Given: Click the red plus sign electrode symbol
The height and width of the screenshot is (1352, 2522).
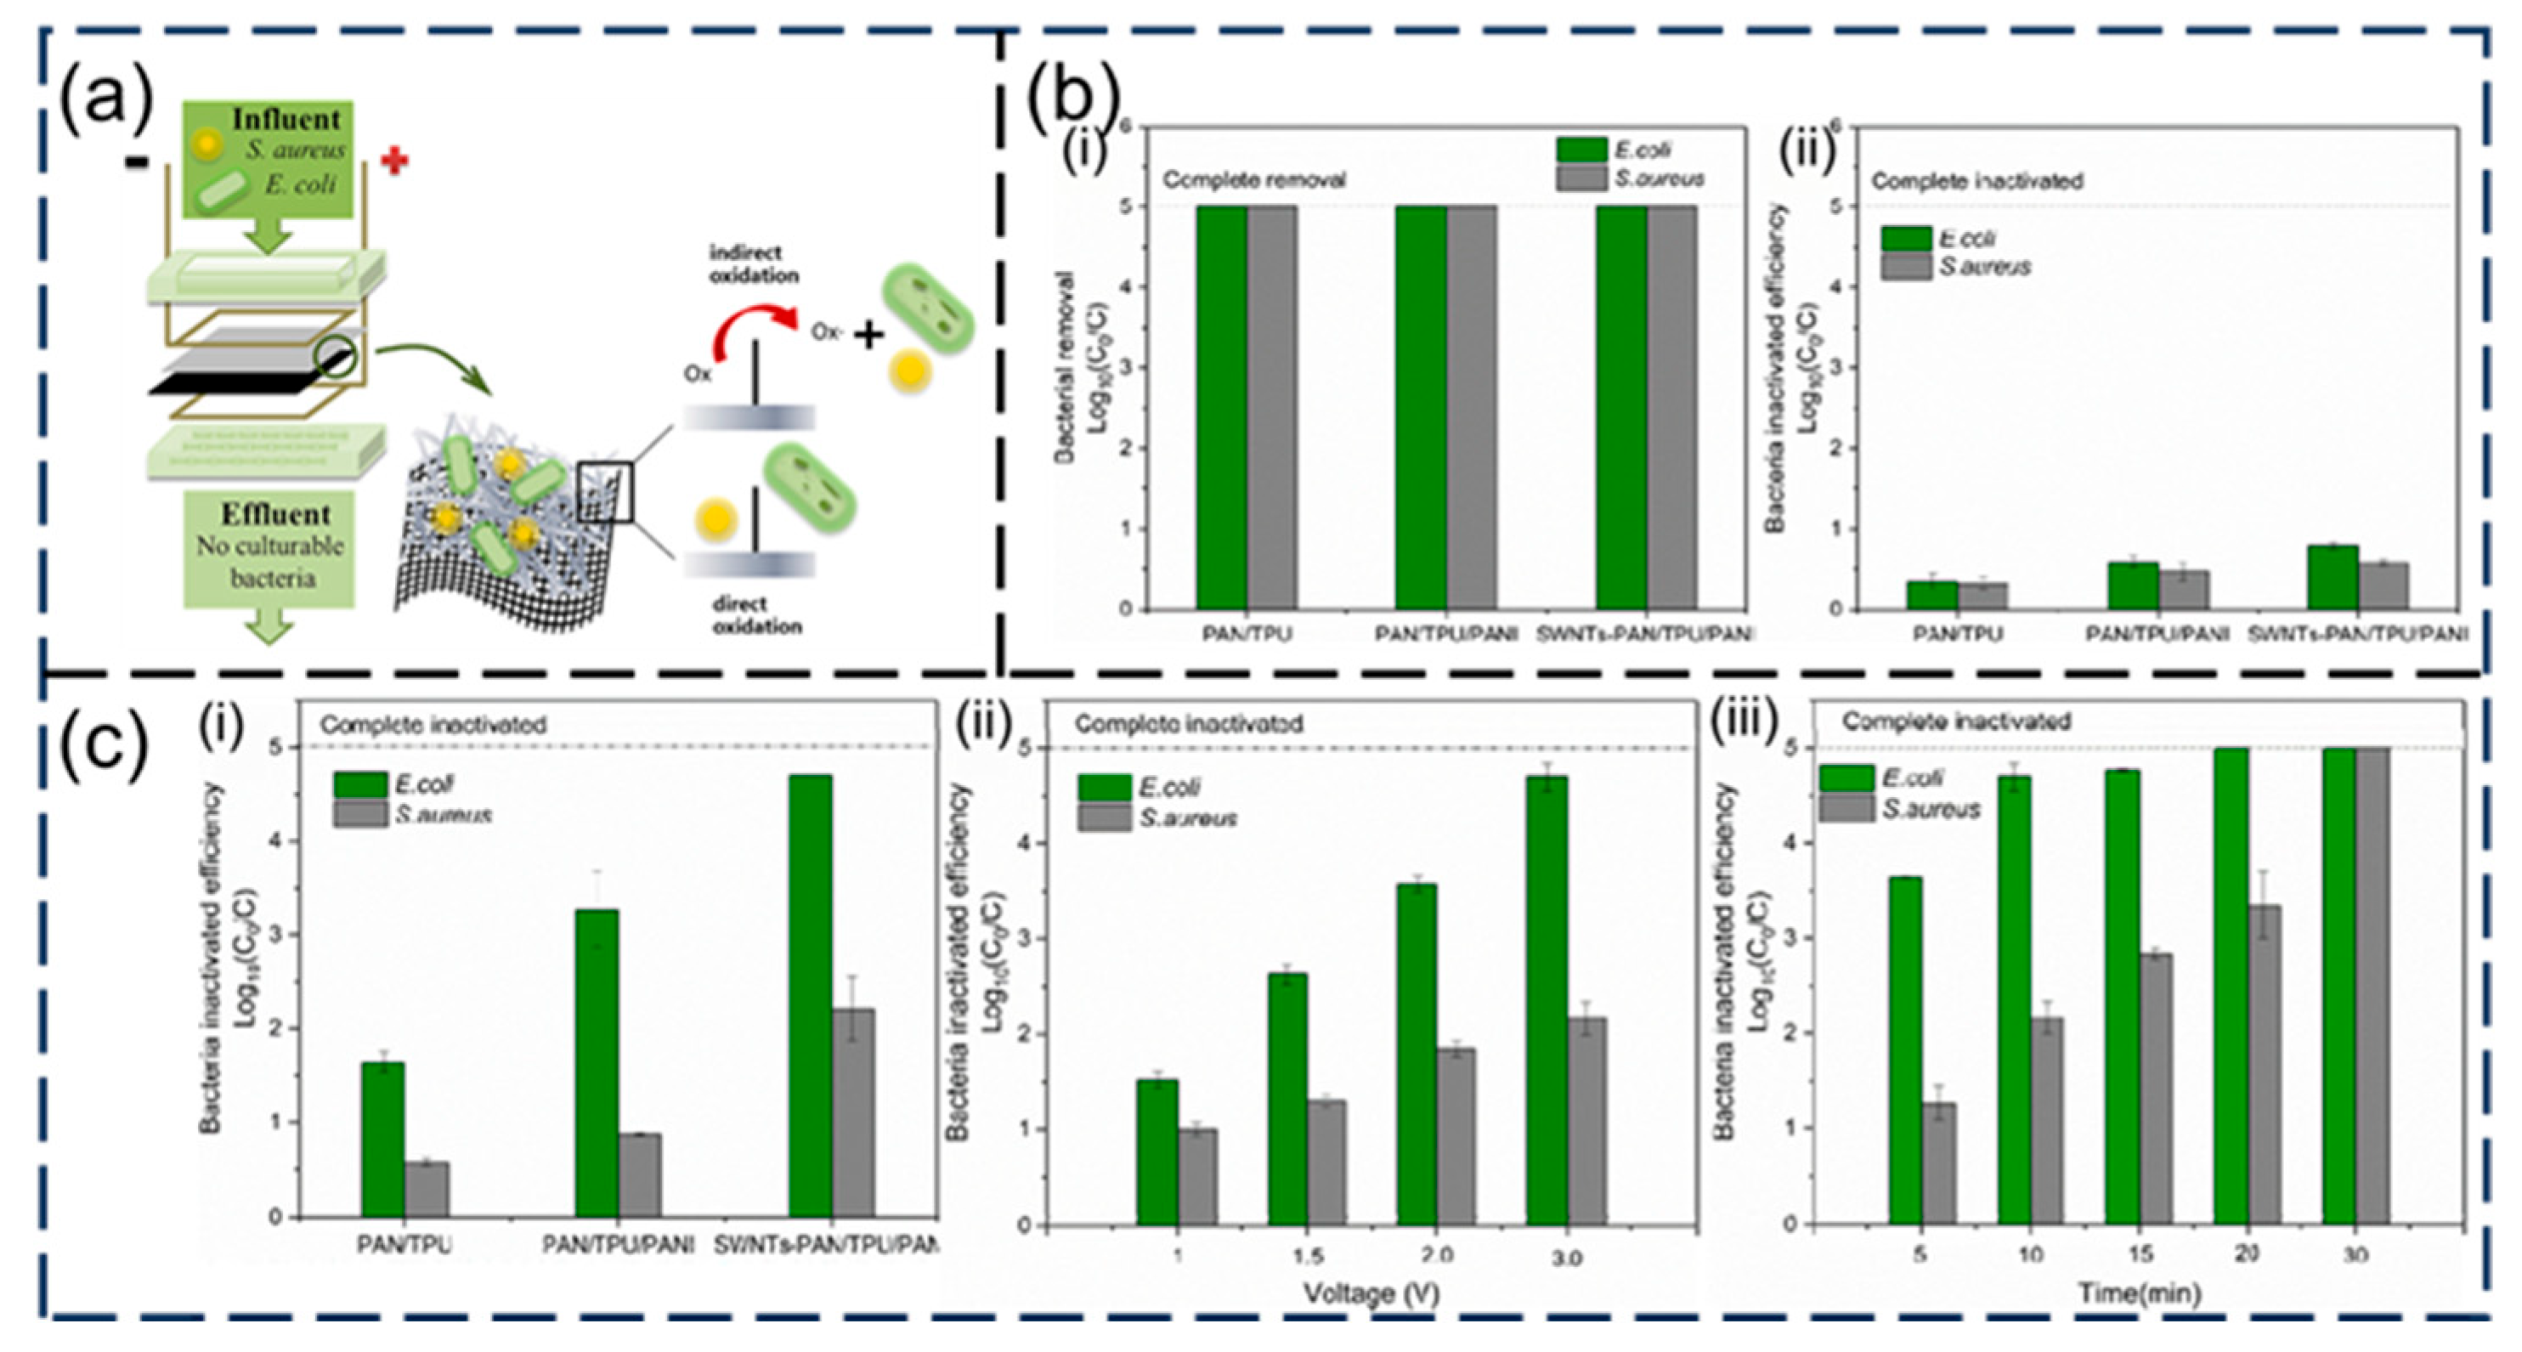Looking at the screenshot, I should tap(394, 161).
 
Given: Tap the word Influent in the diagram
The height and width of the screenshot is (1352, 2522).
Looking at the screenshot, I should tap(286, 120).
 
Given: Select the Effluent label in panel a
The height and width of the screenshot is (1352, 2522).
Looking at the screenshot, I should tap(275, 514).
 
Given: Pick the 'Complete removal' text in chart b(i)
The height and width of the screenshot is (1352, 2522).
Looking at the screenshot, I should tap(1254, 180).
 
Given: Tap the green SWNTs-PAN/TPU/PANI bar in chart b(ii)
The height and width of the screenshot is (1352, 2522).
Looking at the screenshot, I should tap(2332, 578).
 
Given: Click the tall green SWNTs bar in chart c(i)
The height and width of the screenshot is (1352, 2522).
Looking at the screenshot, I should tap(810, 993).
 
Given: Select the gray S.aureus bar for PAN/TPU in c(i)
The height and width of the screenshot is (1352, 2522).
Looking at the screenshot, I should tap(427, 1189).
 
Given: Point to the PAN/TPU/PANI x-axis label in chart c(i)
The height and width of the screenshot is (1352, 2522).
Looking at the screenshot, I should tap(618, 1245).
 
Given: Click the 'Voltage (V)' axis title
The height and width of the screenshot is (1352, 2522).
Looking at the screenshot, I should tap(1371, 1293).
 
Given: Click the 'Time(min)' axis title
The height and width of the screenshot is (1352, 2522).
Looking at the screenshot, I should tap(2140, 1293).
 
